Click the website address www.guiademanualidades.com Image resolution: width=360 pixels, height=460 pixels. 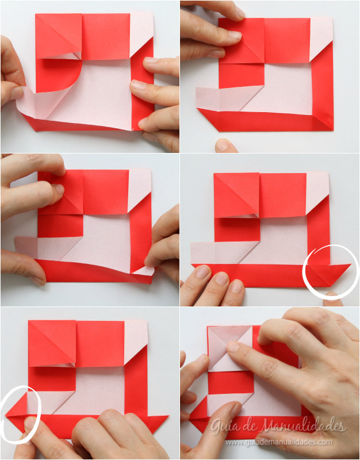[279, 442]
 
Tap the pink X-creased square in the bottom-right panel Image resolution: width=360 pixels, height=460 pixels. [231, 348]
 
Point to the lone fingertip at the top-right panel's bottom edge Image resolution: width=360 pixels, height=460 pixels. [226, 145]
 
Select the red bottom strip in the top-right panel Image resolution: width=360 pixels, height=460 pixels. [266, 120]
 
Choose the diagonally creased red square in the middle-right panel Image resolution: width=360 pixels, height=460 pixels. [236, 195]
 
